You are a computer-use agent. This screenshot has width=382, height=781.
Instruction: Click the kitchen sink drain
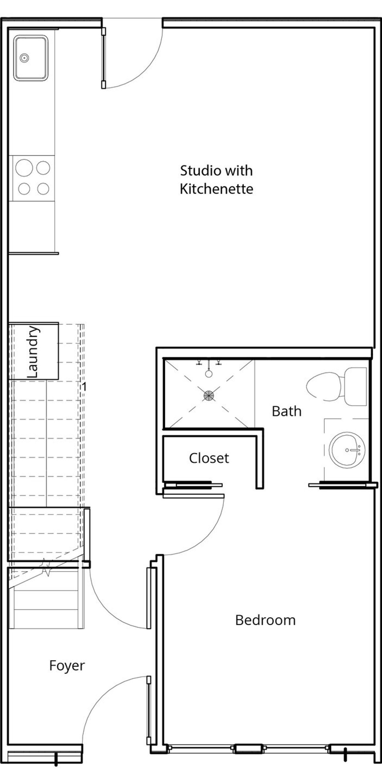click(x=24, y=58)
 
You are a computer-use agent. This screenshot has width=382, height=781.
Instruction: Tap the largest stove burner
click(x=24, y=168)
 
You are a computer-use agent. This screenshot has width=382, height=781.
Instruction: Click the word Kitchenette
click(x=216, y=189)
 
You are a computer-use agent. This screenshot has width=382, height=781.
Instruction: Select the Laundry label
click(x=33, y=352)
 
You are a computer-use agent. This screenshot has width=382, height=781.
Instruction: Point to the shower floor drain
click(x=208, y=395)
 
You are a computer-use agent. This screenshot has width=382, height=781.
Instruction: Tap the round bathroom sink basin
click(x=347, y=450)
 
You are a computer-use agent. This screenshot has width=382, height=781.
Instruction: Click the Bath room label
click(x=286, y=411)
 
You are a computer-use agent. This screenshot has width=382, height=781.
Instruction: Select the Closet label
click(x=209, y=458)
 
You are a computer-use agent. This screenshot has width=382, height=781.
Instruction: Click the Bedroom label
click(x=265, y=620)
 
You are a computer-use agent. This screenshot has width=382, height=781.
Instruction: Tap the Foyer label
click(x=67, y=666)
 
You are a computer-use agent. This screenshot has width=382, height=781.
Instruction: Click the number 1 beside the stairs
click(x=84, y=387)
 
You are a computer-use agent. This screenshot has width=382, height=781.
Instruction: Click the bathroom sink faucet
click(x=355, y=450)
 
